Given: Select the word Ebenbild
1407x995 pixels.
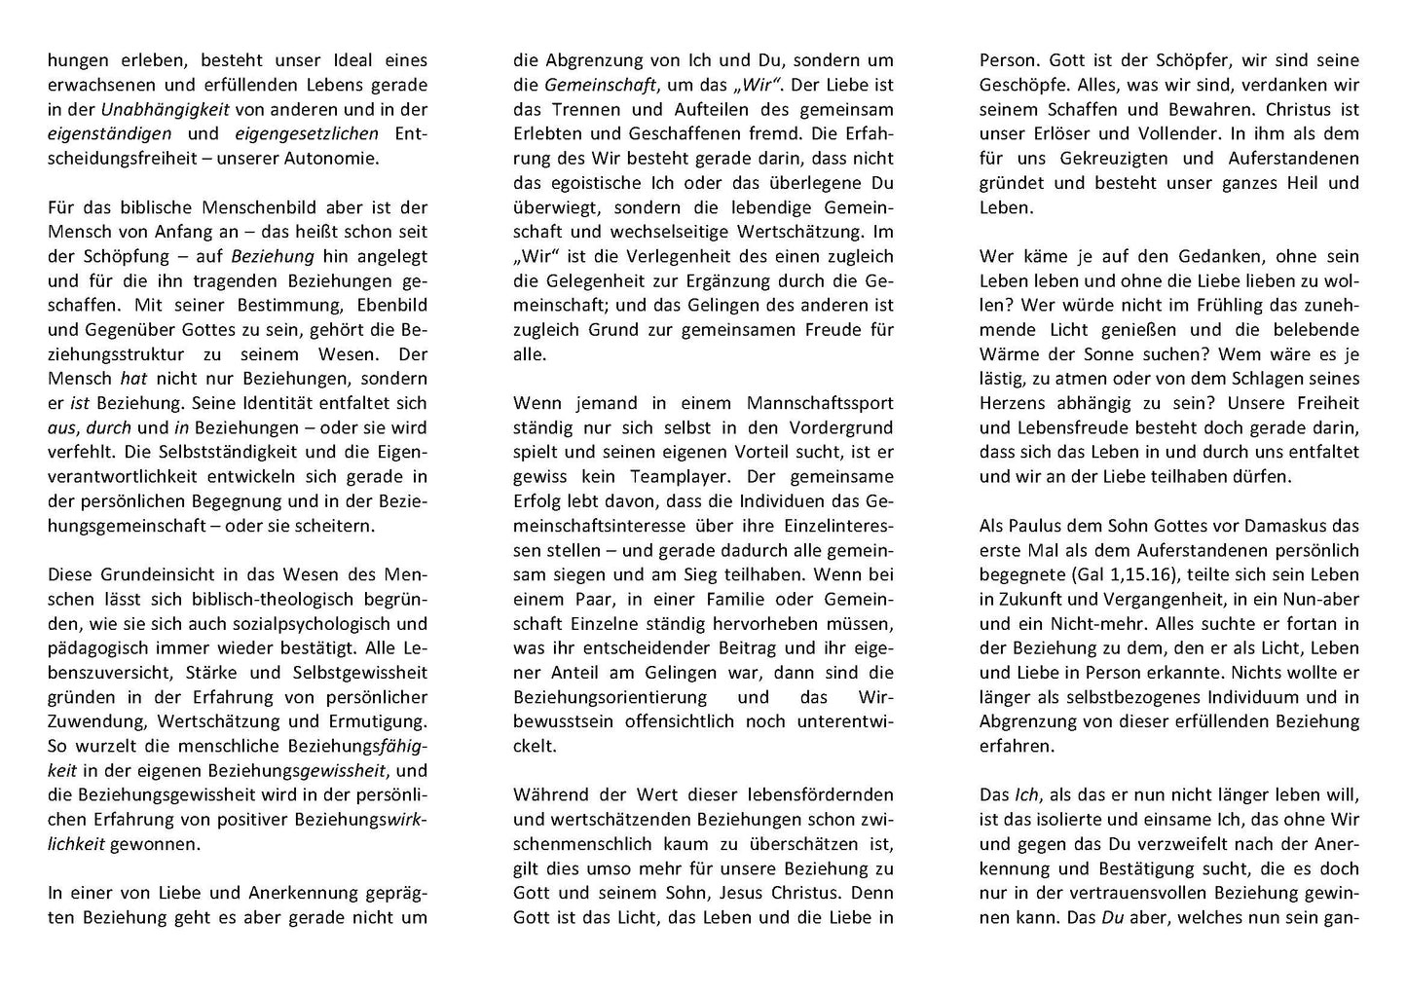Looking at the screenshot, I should [382, 306].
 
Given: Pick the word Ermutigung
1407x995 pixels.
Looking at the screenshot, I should [376, 721].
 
